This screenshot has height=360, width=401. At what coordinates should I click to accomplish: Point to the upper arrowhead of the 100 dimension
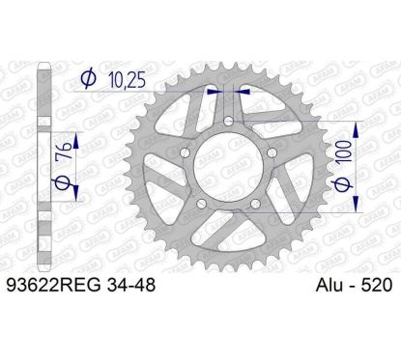357,126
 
